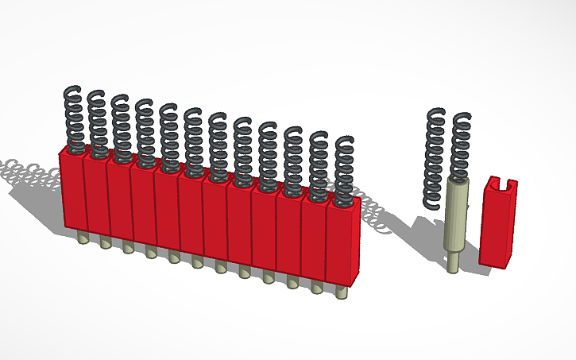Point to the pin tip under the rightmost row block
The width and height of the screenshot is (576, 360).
click(342, 292)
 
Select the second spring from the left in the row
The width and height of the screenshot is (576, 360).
click(97, 123)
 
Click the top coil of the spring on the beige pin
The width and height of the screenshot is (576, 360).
click(462, 118)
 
